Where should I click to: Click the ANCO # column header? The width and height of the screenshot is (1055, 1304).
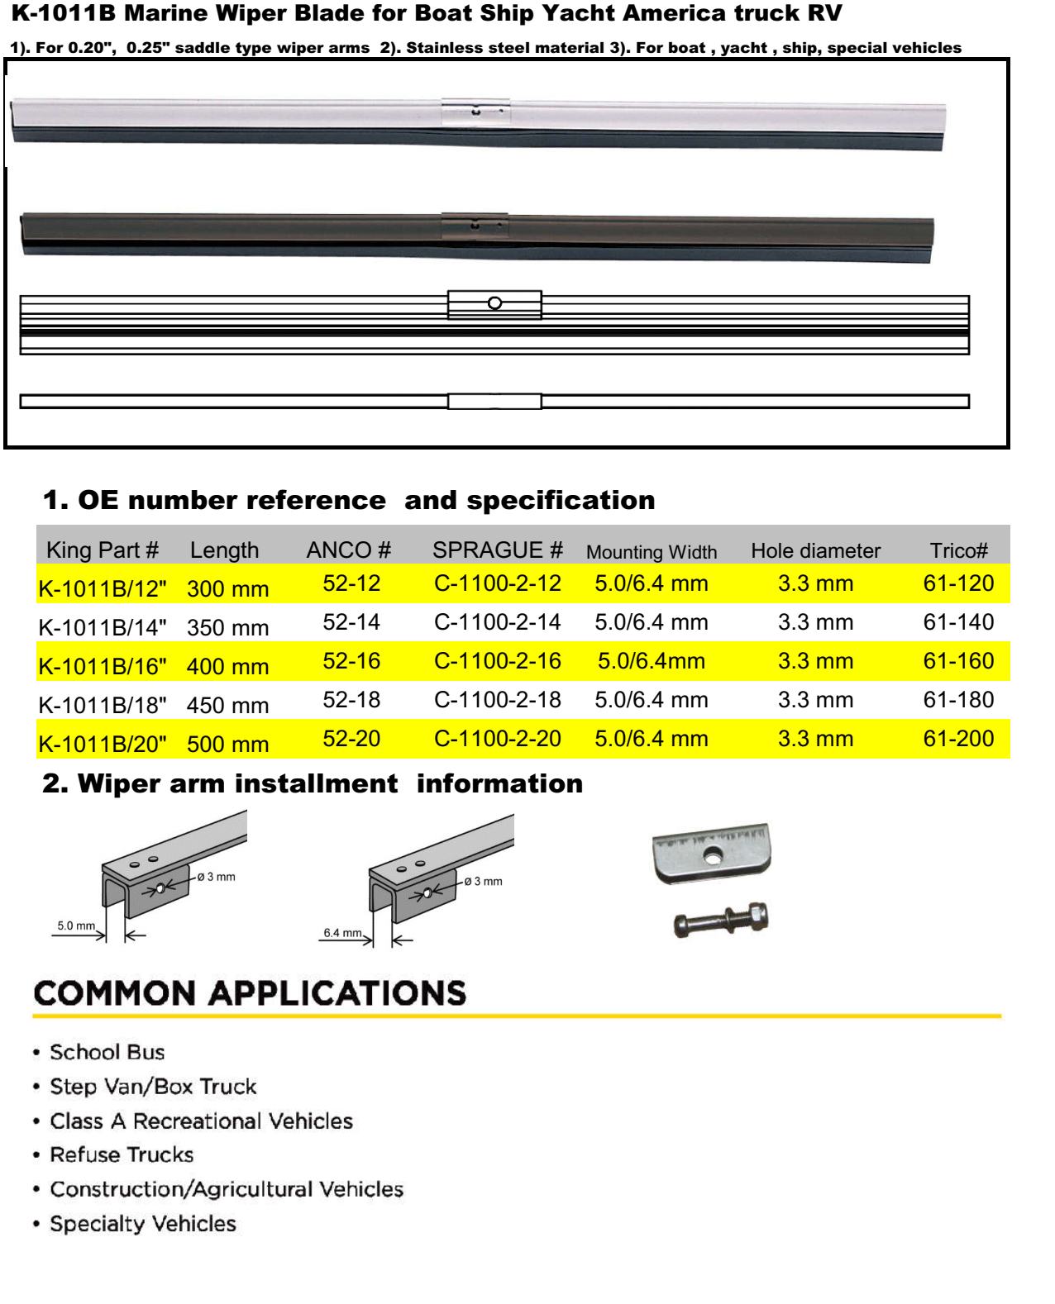[x=348, y=550]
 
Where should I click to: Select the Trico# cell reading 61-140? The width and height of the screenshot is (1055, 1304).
[x=958, y=622]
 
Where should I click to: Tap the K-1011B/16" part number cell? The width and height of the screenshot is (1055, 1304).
[x=103, y=666]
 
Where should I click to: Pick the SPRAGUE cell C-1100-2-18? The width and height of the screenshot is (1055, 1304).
[x=497, y=700]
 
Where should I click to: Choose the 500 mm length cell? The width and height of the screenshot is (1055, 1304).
[x=227, y=744]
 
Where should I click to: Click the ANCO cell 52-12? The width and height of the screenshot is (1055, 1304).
[x=351, y=583]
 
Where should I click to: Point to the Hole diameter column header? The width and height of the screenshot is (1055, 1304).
[x=815, y=551]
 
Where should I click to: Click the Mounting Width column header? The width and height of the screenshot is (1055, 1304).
[x=652, y=552]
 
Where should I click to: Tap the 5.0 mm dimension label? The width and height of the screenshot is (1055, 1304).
[x=76, y=926]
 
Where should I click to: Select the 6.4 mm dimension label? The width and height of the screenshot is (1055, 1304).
[x=342, y=933]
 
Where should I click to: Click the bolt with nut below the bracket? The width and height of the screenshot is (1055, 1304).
[x=721, y=920]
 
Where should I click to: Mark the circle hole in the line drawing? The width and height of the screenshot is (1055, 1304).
[x=494, y=303]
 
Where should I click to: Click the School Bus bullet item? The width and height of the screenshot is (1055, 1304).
[x=107, y=1052]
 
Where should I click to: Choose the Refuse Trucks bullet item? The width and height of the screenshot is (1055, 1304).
[x=122, y=1154]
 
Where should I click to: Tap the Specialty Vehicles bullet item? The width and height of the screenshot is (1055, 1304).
[x=143, y=1224]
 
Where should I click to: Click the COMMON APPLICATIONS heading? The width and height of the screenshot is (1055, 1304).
[x=250, y=993]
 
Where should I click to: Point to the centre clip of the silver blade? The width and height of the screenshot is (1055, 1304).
[x=475, y=112]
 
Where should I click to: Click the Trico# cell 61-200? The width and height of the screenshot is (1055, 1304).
[x=958, y=739]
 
